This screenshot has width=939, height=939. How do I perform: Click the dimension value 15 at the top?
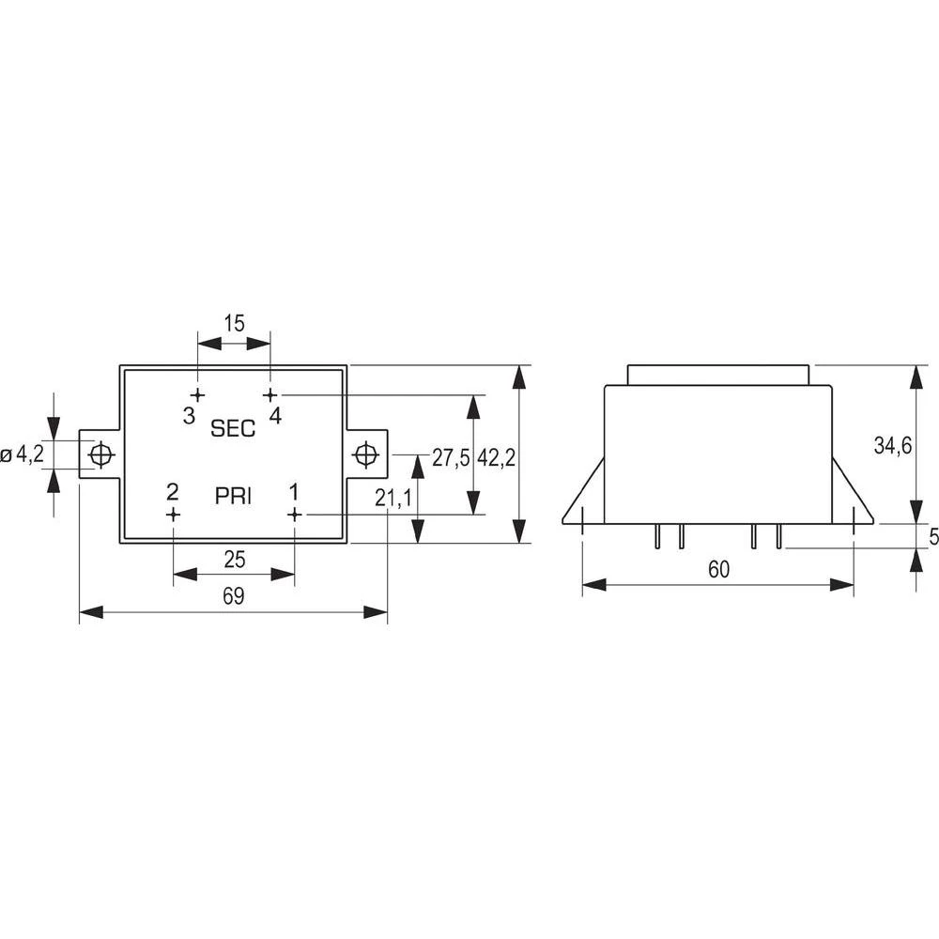[234, 322]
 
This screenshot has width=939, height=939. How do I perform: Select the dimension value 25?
[235, 561]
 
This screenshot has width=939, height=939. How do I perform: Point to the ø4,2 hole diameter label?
[23, 455]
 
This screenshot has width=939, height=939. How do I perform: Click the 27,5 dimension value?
[450, 457]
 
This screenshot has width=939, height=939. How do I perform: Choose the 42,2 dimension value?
[497, 457]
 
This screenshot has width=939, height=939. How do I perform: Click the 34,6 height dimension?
[893, 446]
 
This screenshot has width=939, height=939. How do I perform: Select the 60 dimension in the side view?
[718, 569]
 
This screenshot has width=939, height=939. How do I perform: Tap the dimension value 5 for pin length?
[932, 538]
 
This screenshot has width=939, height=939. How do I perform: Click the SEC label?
[233, 429]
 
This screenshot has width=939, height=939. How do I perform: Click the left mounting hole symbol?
[100, 455]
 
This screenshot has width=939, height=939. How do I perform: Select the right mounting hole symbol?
[364, 455]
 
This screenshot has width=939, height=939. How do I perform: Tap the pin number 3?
[189, 415]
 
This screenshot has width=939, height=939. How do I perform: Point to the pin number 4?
[275, 415]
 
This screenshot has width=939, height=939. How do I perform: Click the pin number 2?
[172, 491]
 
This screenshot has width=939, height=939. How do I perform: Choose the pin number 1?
[294, 491]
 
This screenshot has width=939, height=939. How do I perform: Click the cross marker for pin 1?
[294, 515]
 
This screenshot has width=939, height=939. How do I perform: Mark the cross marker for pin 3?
[197, 395]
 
